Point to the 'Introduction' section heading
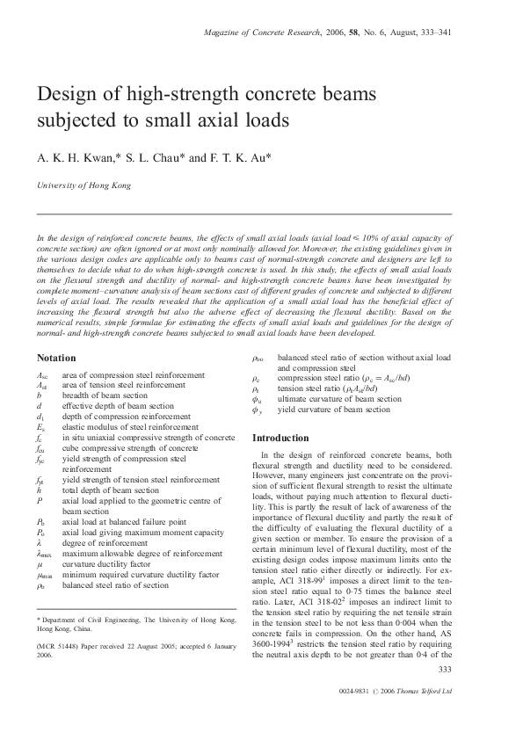pos(280,438)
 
